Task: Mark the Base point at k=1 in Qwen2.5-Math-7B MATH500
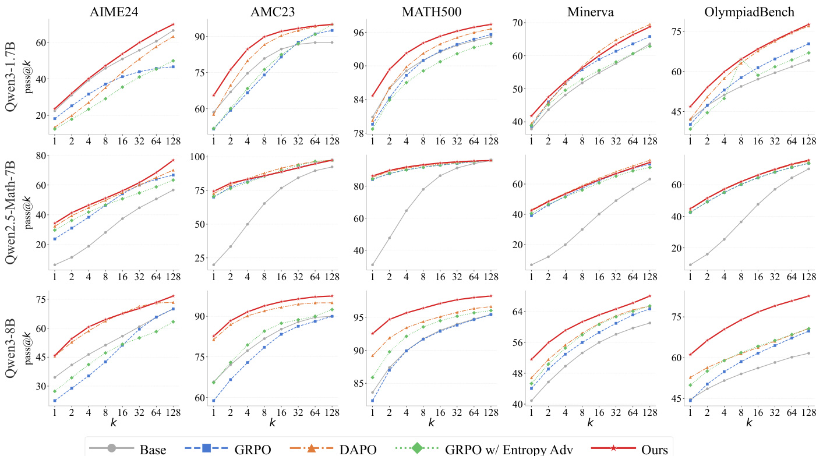(372, 265)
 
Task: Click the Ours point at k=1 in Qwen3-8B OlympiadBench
(690, 355)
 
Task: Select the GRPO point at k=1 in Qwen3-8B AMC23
(214, 401)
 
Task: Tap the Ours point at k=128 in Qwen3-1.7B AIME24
(173, 24)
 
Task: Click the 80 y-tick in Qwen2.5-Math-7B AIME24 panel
(40, 155)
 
